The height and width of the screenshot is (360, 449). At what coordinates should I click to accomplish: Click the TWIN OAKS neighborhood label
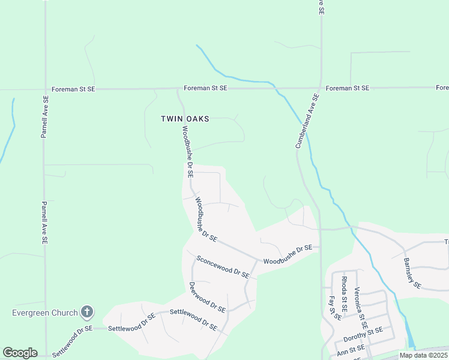click(185, 119)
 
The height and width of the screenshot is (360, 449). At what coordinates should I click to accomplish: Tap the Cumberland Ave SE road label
click(306, 121)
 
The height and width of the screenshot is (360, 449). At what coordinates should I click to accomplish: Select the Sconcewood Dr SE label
click(223, 266)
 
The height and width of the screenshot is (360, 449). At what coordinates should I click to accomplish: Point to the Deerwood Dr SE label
click(207, 298)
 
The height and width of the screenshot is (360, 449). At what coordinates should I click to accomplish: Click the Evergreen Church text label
click(46, 313)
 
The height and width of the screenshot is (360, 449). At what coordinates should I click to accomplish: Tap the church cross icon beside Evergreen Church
click(87, 312)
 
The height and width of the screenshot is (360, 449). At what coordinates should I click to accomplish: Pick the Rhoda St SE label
click(344, 288)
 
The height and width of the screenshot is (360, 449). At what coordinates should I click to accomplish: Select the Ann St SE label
click(351, 349)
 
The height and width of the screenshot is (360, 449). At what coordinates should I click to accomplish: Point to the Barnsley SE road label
click(412, 273)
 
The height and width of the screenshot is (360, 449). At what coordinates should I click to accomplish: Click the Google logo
click(20, 353)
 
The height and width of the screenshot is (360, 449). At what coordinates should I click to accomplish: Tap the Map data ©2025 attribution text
click(423, 355)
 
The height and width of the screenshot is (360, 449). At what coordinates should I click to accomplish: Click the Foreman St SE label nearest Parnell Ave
click(73, 89)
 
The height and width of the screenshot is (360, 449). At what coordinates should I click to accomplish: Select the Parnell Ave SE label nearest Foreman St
click(44, 116)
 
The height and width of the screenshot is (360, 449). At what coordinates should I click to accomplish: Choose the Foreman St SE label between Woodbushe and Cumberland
click(205, 88)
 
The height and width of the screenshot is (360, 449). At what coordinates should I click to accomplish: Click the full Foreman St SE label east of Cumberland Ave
click(347, 88)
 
